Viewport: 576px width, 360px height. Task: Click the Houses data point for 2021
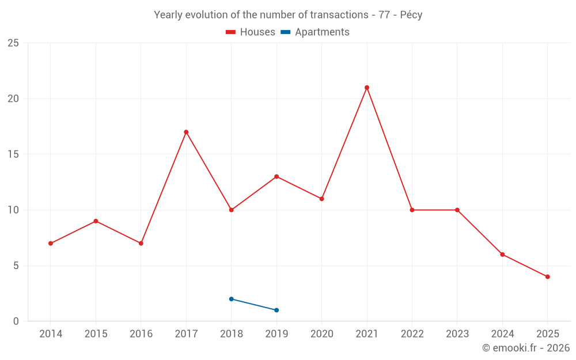click(367, 88)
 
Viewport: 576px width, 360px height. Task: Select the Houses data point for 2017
click(186, 132)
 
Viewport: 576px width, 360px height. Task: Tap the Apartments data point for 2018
click(231, 299)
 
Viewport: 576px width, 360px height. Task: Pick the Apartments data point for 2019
click(276, 310)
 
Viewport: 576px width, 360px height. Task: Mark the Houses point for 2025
click(547, 276)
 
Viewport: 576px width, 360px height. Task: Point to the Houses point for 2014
click(51, 243)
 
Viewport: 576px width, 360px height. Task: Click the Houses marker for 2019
click(276, 176)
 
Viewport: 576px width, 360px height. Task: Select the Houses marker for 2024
click(502, 255)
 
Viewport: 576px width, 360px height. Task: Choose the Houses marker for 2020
click(321, 199)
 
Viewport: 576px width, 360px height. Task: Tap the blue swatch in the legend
click(285, 32)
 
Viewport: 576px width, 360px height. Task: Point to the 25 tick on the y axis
click(13, 43)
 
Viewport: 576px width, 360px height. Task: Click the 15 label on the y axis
click(13, 154)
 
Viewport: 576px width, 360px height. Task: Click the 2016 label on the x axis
click(141, 334)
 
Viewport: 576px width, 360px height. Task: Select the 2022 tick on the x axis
click(412, 334)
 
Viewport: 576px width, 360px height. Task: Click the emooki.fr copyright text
click(526, 348)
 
